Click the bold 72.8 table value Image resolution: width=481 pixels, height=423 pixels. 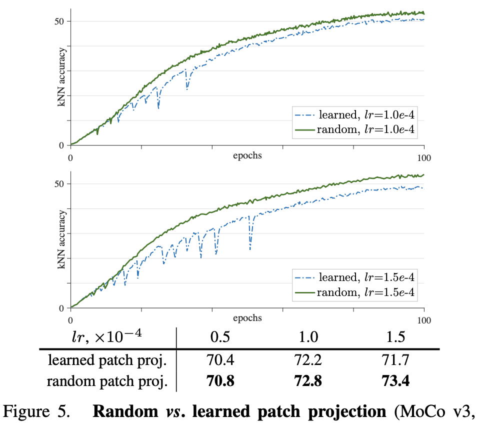pos(308,381)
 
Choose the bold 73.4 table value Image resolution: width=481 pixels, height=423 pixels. pos(396,381)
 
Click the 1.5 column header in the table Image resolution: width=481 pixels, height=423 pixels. pos(396,336)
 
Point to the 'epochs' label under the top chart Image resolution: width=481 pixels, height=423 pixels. pos(247,155)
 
